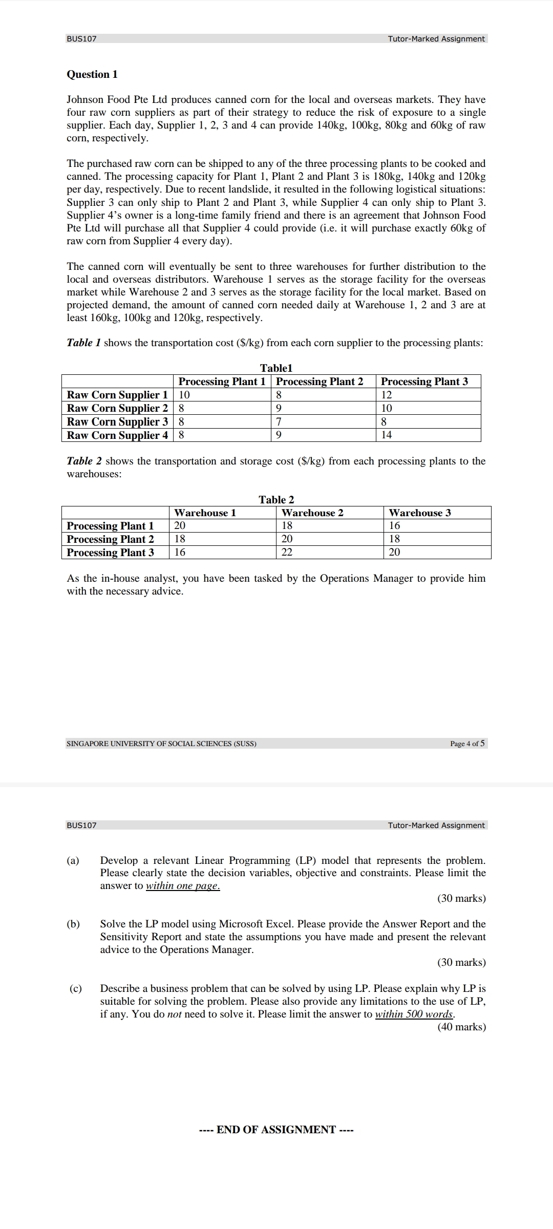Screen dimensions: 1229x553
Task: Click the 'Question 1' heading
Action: coord(92,74)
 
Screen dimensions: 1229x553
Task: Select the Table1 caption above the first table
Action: coord(276,368)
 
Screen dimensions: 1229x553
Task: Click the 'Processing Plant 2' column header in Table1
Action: coord(320,382)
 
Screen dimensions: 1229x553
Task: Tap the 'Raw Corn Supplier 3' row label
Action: coord(117,422)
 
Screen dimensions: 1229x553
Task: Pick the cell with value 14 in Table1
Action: coord(387,435)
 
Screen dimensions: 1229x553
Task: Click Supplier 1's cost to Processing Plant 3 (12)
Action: coord(387,395)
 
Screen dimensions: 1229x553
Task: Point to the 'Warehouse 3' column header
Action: coord(420,513)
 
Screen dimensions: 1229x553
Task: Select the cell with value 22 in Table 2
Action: coord(287,552)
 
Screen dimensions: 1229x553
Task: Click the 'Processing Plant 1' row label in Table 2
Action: coord(110,526)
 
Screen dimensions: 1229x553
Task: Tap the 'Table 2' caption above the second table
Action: coord(276,500)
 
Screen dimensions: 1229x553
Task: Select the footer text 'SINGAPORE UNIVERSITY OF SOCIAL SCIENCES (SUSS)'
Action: coord(161,744)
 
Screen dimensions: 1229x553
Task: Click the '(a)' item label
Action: coord(73,860)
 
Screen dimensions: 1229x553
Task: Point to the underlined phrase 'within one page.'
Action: coord(183,886)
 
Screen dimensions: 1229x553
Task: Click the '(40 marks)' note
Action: coord(461,1027)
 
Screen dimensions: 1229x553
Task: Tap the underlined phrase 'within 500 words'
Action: coord(414,1014)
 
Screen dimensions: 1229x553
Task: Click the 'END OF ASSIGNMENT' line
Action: coord(276,1130)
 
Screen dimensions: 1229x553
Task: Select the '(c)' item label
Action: coord(75,988)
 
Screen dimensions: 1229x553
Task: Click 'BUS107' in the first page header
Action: coord(81,39)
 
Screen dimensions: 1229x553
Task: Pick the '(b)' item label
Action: coord(73,924)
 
